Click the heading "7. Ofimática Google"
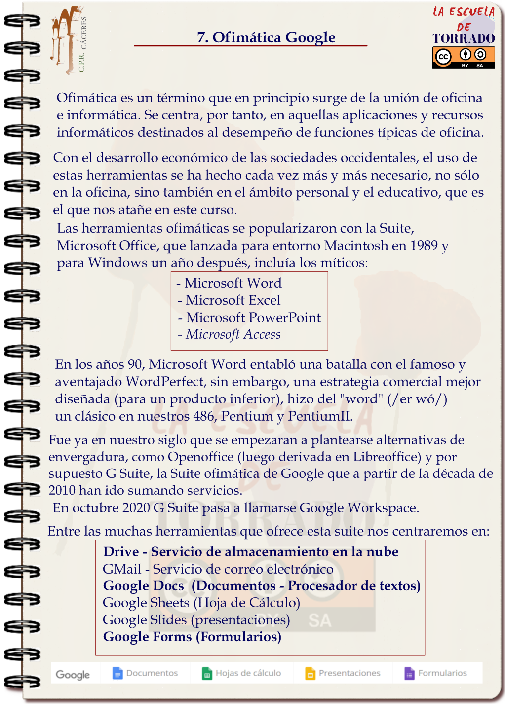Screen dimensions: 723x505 (x=266, y=37)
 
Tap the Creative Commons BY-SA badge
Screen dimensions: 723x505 (x=463, y=58)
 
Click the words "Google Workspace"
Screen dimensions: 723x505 (x=358, y=508)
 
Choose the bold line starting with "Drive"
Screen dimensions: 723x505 (x=251, y=552)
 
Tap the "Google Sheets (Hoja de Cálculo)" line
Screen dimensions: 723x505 (x=201, y=603)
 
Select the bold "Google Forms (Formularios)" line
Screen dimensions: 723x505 (x=192, y=637)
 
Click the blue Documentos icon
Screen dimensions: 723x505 (x=117, y=673)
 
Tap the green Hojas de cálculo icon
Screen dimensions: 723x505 (x=207, y=674)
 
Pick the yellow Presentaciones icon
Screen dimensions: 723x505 (x=310, y=674)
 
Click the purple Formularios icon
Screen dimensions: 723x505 (x=410, y=674)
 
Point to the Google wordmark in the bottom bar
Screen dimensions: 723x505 (x=73, y=675)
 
